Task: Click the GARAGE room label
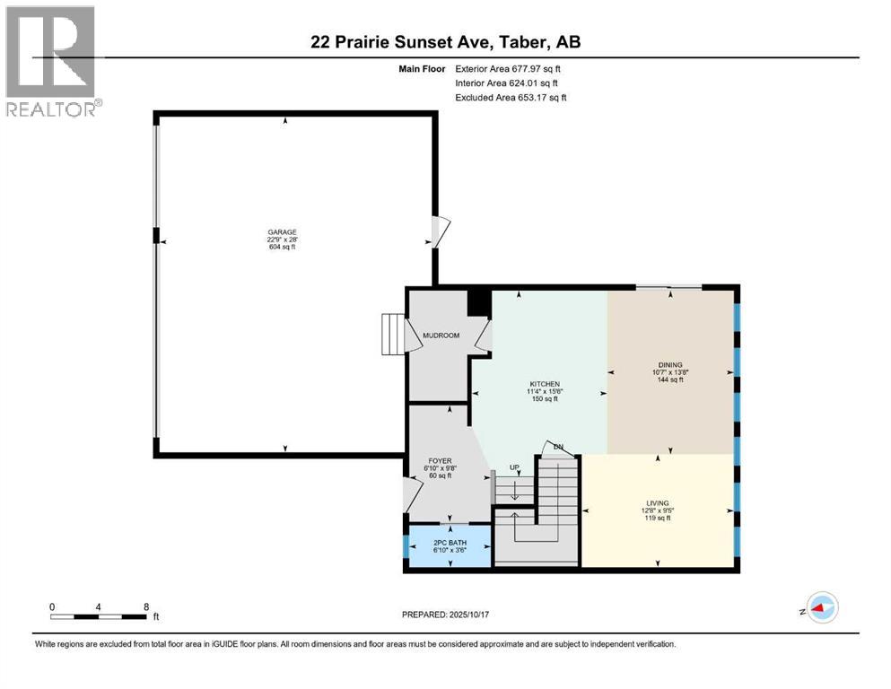280,231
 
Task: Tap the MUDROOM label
441,336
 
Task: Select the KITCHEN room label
543,384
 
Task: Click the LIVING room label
658,503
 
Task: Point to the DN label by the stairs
558,447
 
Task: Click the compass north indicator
819,607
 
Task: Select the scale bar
98,615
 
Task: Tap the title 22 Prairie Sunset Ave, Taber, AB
445,42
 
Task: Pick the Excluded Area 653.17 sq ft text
511,97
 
